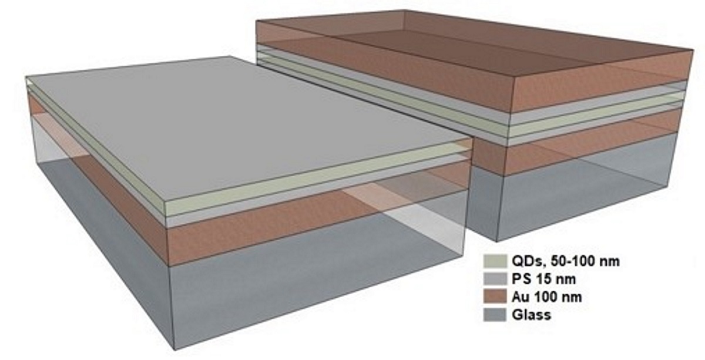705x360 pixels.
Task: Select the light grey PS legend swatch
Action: tap(491, 279)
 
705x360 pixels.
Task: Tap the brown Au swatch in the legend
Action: tap(491, 297)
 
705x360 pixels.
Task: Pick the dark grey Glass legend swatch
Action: tap(491, 315)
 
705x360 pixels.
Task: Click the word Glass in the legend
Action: tap(531, 315)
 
